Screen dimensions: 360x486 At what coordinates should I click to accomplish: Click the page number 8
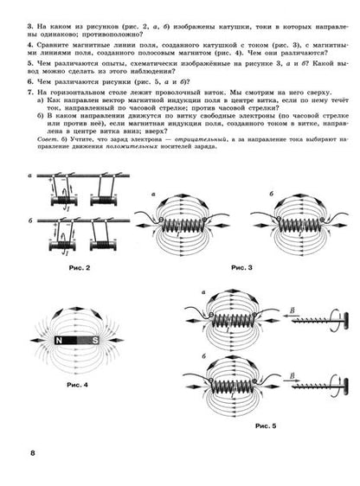[x=32, y=453]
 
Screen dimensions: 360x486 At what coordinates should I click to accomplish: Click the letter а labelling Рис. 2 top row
[x=29, y=175]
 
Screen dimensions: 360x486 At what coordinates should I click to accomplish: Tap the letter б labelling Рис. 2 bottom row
[x=29, y=221]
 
